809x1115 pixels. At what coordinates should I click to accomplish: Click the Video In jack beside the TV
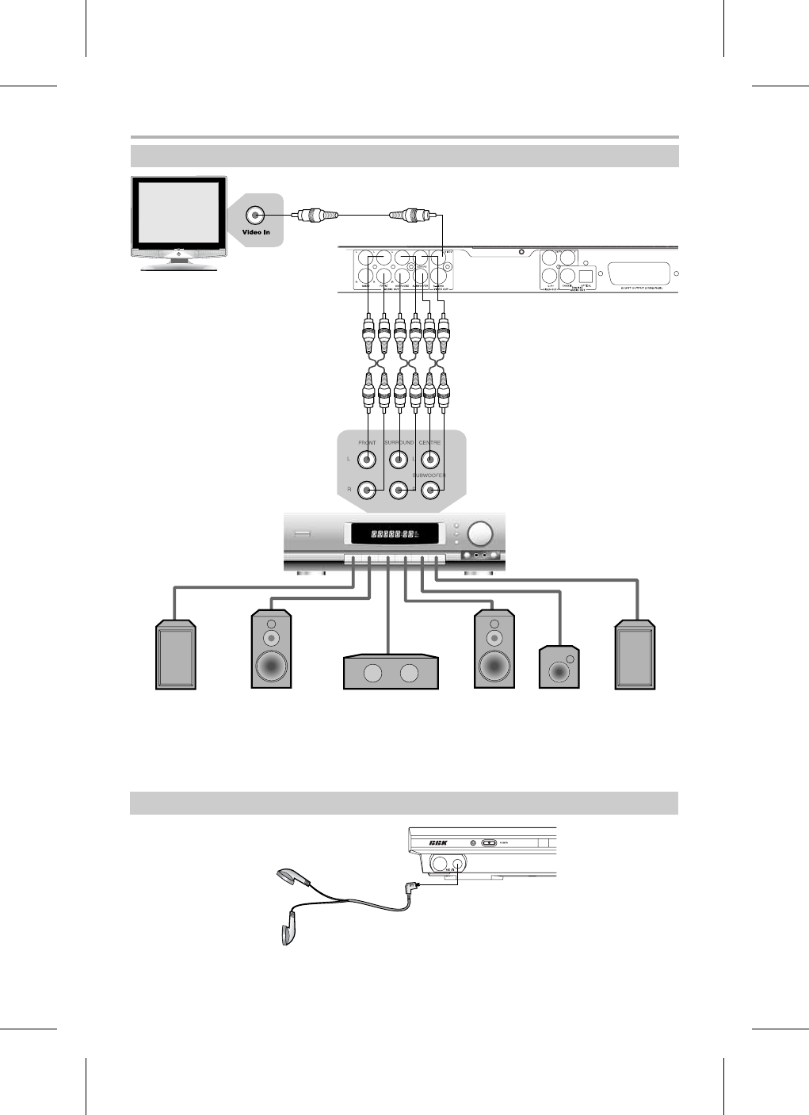click(x=256, y=215)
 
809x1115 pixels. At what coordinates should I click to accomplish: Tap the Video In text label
click(x=256, y=232)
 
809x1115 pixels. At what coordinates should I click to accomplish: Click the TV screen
click(x=178, y=214)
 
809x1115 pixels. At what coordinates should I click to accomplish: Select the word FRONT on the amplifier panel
click(x=367, y=442)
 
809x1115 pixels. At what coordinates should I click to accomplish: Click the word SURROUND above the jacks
click(x=399, y=442)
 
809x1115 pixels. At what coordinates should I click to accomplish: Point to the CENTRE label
click(x=429, y=442)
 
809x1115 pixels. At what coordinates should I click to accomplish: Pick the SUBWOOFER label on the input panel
click(x=429, y=475)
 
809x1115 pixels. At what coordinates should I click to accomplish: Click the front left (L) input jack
click(x=368, y=459)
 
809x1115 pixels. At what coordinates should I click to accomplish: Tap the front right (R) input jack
click(x=368, y=490)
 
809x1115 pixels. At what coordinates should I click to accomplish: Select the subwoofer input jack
click(x=430, y=490)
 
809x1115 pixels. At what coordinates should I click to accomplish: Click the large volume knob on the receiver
click(x=479, y=533)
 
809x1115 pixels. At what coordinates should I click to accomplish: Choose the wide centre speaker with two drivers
click(x=391, y=672)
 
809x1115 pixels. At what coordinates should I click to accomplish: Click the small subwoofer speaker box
click(x=559, y=667)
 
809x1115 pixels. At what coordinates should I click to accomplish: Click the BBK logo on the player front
click(x=438, y=842)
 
